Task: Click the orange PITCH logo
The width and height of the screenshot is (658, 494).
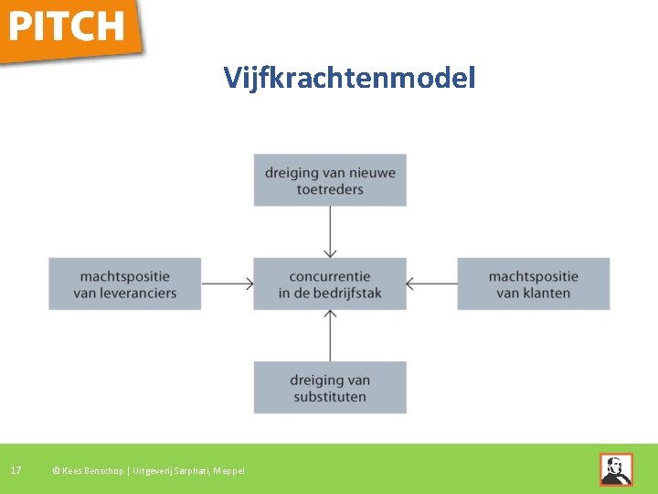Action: (x=69, y=27)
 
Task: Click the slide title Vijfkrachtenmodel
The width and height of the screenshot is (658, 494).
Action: (x=350, y=79)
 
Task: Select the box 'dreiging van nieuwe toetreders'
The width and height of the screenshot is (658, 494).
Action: (x=330, y=180)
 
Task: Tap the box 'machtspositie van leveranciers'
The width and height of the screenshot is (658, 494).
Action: (x=125, y=284)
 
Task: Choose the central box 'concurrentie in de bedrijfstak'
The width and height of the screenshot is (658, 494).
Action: (x=330, y=284)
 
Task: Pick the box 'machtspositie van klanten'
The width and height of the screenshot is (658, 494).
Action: (x=534, y=284)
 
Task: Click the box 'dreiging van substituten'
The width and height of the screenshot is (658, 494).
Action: (x=330, y=388)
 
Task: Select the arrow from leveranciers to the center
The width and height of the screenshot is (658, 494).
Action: (x=228, y=284)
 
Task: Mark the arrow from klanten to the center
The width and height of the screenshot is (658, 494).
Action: (x=431, y=284)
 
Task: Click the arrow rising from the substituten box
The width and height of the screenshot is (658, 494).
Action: (x=330, y=335)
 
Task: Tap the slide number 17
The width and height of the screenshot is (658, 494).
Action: (x=16, y=470)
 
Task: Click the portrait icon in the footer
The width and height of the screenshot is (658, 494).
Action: (x=616, y=469)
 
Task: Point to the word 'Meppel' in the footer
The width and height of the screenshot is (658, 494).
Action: (x=228, y=471)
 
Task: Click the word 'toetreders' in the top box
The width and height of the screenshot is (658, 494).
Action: (x=330, y=189)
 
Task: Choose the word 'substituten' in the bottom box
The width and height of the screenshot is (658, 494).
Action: (x=330, y=397)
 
